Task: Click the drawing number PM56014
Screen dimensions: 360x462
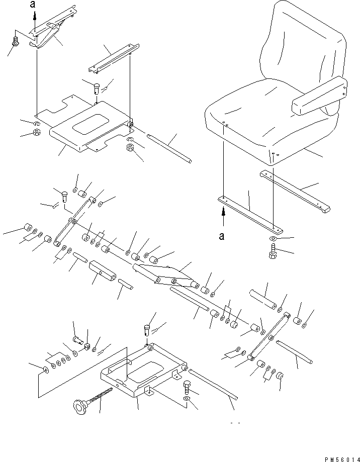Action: (x=342, y=459)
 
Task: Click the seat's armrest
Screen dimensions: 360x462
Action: (x=319, y=96)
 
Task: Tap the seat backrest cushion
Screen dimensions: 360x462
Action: (x=304, y=44)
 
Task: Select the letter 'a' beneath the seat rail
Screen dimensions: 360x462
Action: (x=222, y=236)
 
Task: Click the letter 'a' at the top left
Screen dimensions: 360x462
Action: (x=33, y=4)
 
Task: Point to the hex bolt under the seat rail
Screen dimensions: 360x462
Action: (x=273, y=251)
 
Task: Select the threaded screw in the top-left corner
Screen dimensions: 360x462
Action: (x=16, y=42)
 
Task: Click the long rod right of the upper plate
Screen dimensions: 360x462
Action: (x=169, y=148)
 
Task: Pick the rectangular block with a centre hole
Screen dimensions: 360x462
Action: (x=103, y=271)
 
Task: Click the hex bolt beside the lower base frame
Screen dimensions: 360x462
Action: (x=188, y=388)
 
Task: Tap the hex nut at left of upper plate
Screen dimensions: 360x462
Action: (x=37, y=132)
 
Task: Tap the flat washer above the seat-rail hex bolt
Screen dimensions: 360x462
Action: (x=273, y=238)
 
